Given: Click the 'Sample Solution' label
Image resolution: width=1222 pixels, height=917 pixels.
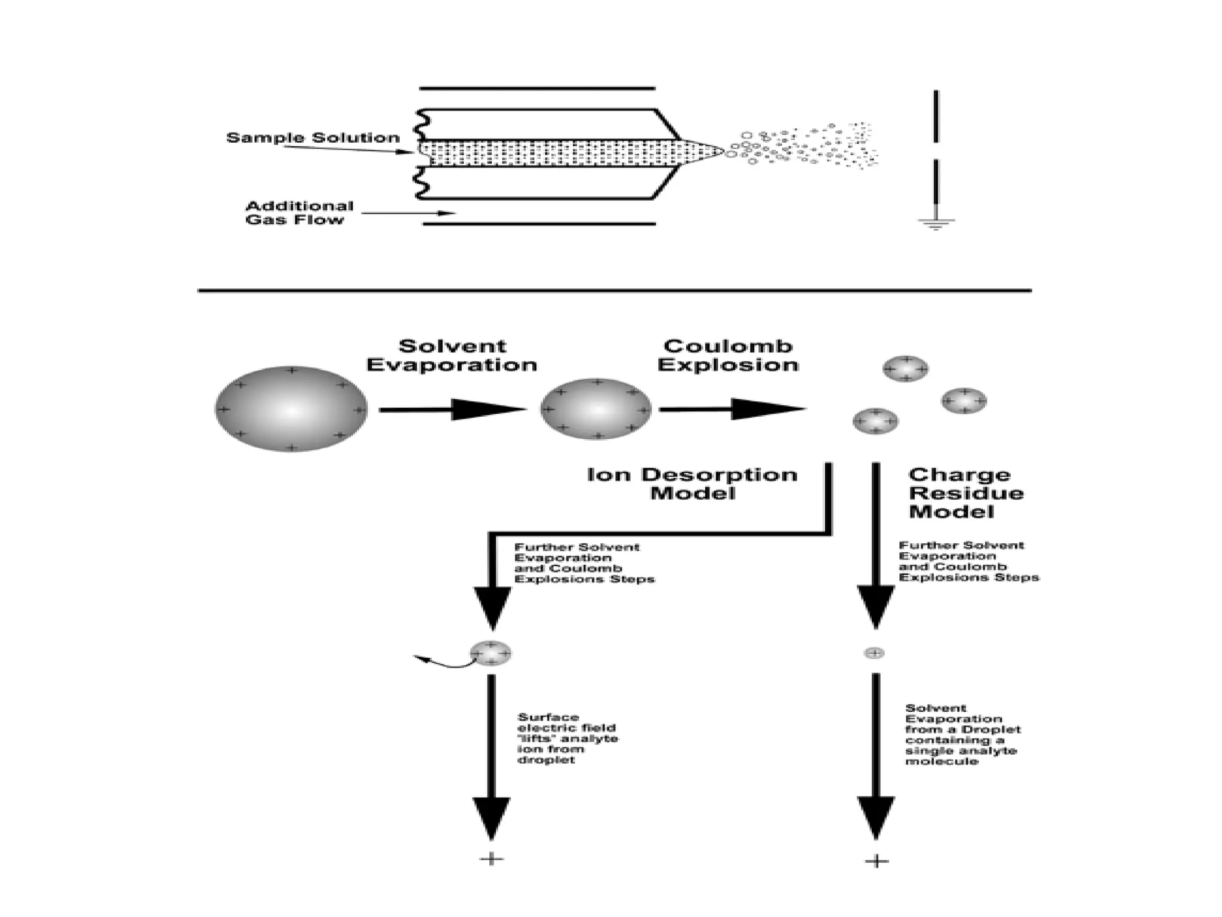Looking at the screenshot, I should click(313, 138).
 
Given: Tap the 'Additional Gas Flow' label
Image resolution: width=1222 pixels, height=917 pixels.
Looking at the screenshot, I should click(300, 213).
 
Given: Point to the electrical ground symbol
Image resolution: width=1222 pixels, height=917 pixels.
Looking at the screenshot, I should click(936, 224).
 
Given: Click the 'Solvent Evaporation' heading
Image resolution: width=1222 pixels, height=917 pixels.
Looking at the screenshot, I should click(452, 356).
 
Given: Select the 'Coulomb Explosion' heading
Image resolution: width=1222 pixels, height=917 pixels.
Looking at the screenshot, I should click(728, 356).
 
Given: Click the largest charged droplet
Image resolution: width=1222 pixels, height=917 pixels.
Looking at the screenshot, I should click(291, 410).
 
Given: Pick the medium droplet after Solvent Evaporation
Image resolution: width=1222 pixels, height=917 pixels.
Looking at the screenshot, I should click(595, 410).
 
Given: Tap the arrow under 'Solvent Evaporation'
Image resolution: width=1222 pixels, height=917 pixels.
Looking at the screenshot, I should click(452, 410).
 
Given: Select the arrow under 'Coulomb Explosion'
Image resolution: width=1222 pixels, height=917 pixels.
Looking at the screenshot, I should click(732, 410).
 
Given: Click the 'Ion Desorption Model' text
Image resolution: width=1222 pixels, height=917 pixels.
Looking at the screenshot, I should click(692, 484).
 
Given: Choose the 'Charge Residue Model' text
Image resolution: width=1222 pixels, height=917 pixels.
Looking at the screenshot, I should click(965, 493).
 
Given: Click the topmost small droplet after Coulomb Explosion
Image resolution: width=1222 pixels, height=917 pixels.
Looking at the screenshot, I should click(905, 369).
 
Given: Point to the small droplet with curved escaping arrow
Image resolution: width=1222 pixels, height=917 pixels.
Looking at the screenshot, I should click(490, 653).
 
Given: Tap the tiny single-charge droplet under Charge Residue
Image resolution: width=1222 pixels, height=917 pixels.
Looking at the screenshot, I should click(874, 653).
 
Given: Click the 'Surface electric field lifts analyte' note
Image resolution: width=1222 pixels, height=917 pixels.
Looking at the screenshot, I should click(567, 738).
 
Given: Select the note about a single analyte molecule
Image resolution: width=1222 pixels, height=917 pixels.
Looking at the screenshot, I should click(962, 735).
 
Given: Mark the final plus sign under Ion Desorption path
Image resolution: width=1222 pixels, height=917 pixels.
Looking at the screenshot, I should click(492, 860).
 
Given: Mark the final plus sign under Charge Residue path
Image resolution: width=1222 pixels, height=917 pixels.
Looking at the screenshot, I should click(877, 861).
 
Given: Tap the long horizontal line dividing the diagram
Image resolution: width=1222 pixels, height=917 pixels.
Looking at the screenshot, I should click(615, 291).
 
